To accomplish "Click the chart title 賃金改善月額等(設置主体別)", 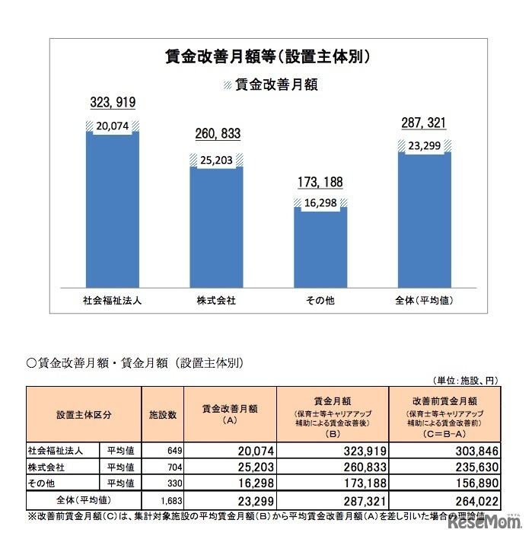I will pyautogui.click(x=269, y=56).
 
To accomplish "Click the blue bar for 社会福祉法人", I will pyautogui.click(x=113, y=213).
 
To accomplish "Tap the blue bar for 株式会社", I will pyautogui.click(x=216, y=228).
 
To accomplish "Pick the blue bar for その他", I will pyautogui.click(x=320, y=251).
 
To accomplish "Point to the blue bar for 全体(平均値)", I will pyautogui.click(x=424, y=221).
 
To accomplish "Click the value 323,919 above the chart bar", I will pyautogui.click(x=113, y=101).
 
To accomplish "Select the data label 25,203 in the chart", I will pyautogui.click(x=216, y=160).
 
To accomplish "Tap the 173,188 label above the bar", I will pyautogui.click(x=320, y=183).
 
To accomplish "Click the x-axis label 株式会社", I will pyautogui.click(x=216, y=301).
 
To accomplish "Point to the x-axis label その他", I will pyautogui.click(x=320, y=301).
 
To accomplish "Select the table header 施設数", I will pyautogui.click(x=162, y=415).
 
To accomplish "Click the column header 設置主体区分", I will pyautogui.click(x=84, y=415).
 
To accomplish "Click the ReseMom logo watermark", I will pyautogui.click(x=484, y=523).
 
